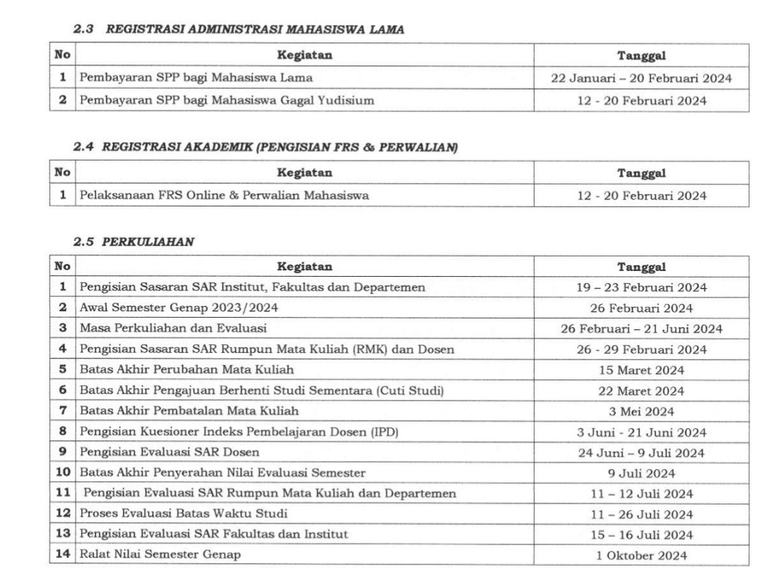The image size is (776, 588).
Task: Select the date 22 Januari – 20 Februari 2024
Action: click(x=641, y=77)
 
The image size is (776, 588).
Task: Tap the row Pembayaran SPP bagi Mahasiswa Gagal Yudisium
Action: click(x=226, y=101)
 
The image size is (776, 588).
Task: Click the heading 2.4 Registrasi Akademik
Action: click(x=266, y=147)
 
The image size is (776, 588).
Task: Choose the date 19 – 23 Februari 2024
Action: click(x=641, y=288)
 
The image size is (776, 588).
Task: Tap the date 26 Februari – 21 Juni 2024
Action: click(x=641, y=328)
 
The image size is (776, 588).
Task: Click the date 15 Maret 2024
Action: click(x=641, y=370)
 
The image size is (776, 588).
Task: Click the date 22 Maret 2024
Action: click(x=641, y=390)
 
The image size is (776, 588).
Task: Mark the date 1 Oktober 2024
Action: click(x=641, y=555)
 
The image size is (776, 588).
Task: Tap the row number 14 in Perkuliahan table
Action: click(x=62, y=555)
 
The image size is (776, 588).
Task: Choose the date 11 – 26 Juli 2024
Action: click(x=641, y=514)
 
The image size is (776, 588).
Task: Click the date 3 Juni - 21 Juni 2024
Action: click(x=641, y=432)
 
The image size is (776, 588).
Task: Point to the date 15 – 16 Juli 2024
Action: click(x=641, y=534)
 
